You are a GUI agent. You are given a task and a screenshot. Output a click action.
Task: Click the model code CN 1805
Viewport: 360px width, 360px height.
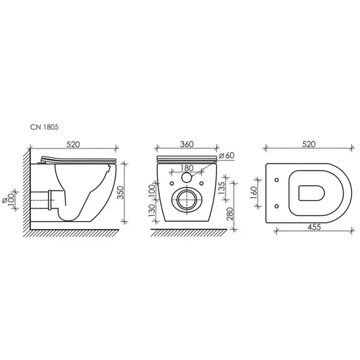click(x=45, y=126)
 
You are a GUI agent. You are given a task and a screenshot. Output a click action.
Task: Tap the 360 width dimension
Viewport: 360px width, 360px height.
click(x=186, y=145)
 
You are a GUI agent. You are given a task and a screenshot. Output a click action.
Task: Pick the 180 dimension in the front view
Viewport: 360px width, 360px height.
click(x=187, y=168)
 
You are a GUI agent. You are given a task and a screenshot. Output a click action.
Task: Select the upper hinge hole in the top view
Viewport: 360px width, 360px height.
click(x=279, y=181)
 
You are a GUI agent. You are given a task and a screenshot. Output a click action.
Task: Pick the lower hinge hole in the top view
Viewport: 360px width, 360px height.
click(x=279, y=205)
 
